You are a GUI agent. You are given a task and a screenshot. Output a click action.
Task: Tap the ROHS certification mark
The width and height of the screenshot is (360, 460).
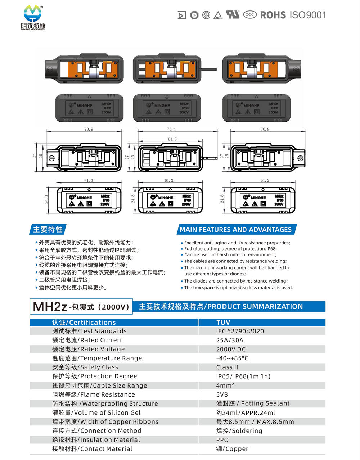click(273, 15)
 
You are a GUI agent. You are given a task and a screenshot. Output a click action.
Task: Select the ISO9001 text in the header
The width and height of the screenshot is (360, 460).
click(308, 15)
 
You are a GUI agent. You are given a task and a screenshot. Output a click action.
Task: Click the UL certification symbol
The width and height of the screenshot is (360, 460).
click(232, 14)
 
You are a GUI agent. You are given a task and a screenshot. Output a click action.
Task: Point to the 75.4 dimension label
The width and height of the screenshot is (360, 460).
click(171, 129)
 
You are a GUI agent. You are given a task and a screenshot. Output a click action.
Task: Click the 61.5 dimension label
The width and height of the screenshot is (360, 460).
click(172, 139)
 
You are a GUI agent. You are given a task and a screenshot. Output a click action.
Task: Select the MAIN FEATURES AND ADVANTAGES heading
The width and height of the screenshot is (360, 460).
click(235, 230)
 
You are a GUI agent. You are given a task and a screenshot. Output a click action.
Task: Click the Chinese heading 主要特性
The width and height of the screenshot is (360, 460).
click(48, 230)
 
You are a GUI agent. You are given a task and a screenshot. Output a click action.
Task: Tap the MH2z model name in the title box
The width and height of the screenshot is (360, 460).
click(50, 307)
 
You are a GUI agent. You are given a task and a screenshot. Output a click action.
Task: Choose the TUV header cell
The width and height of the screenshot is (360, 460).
click(223, 323)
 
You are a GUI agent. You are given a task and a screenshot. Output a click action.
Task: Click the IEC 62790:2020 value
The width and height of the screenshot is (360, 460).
click(240, 331)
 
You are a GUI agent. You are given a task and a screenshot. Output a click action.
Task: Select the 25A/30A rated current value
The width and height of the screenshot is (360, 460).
click(230, 340)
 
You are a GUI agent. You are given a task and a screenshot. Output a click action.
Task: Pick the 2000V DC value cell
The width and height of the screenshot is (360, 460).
click(231, 349)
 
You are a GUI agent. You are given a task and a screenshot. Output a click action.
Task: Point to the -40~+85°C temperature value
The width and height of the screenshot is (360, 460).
click(232, 358)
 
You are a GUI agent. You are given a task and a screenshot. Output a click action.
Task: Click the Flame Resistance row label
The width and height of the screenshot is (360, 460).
click(93, 394)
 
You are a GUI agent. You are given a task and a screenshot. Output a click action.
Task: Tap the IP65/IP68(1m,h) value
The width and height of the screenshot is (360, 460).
click(243, 376)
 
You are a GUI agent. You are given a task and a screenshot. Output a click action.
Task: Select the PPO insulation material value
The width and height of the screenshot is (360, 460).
click(222, 440)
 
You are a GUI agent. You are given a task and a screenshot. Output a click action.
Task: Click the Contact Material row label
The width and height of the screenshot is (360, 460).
click(92, 449)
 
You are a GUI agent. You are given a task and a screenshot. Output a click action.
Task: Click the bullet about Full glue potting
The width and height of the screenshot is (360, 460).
click(230, 249)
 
